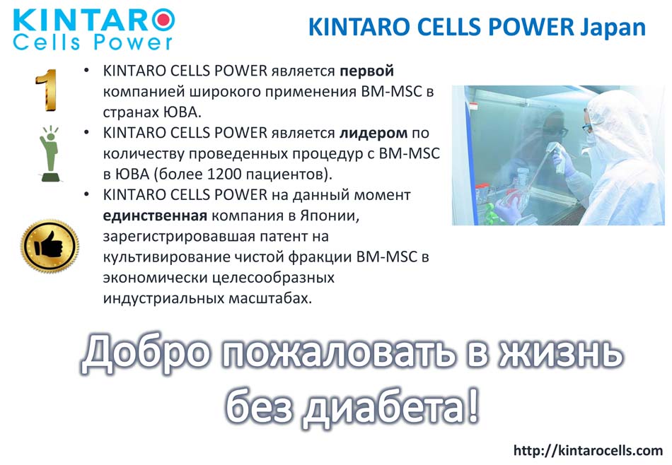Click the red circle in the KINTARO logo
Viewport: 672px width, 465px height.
click(163, 20)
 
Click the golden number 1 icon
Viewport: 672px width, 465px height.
click(46, 90)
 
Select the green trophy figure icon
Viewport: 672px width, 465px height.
click(50, 153)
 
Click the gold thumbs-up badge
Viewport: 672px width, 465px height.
click(50, 246)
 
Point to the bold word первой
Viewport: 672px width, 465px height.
click(367, 71)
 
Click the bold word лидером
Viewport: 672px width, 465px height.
click(373, 133)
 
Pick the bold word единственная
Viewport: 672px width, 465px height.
click(155, 216)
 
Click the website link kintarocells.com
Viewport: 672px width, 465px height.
click(588, 450)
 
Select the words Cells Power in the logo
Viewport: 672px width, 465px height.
click(93, 42)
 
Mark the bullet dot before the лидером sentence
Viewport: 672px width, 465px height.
click(86, 133)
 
